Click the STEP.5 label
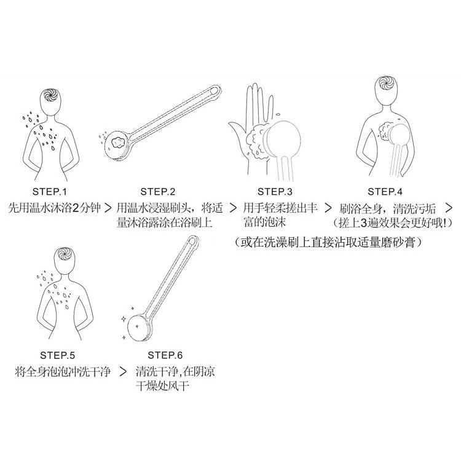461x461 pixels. (57, 355)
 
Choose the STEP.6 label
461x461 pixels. (166, 355)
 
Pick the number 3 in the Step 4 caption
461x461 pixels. (366, 223)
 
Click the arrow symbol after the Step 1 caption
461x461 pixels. (108, 208)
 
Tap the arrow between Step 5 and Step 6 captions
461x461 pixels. (124, 372)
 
